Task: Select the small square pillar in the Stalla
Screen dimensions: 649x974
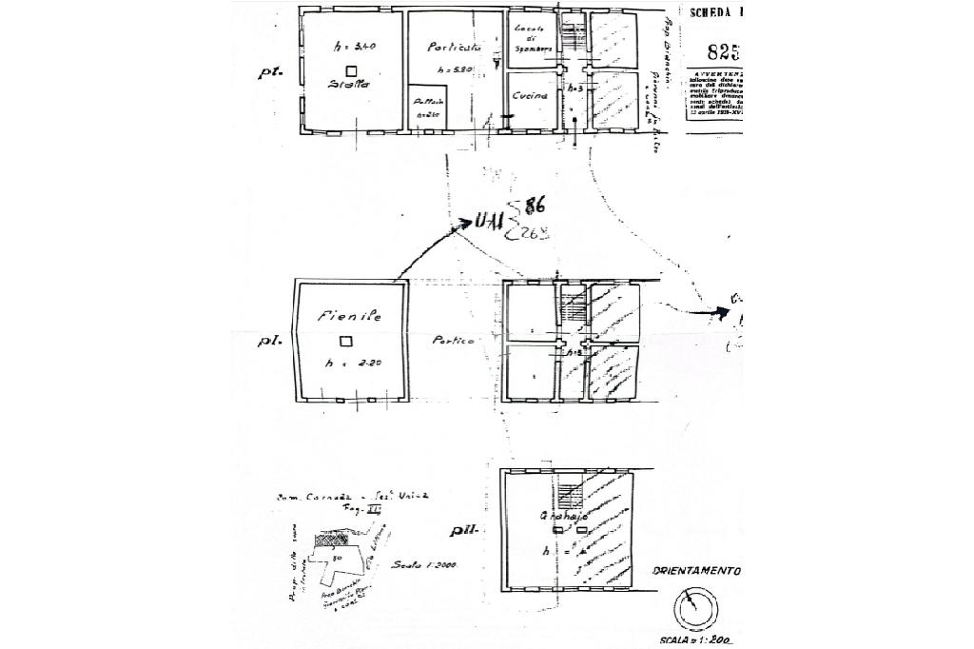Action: [x=351, y=70]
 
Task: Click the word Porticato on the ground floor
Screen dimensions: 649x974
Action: [x=455, y=46]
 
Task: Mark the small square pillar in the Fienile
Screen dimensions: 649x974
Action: [x=346, y=342]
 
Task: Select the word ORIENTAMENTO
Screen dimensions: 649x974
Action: [x=696, y=571]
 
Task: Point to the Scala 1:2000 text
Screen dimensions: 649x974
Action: [x=425, y=565]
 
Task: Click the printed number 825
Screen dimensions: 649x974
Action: [x=725, y=51]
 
